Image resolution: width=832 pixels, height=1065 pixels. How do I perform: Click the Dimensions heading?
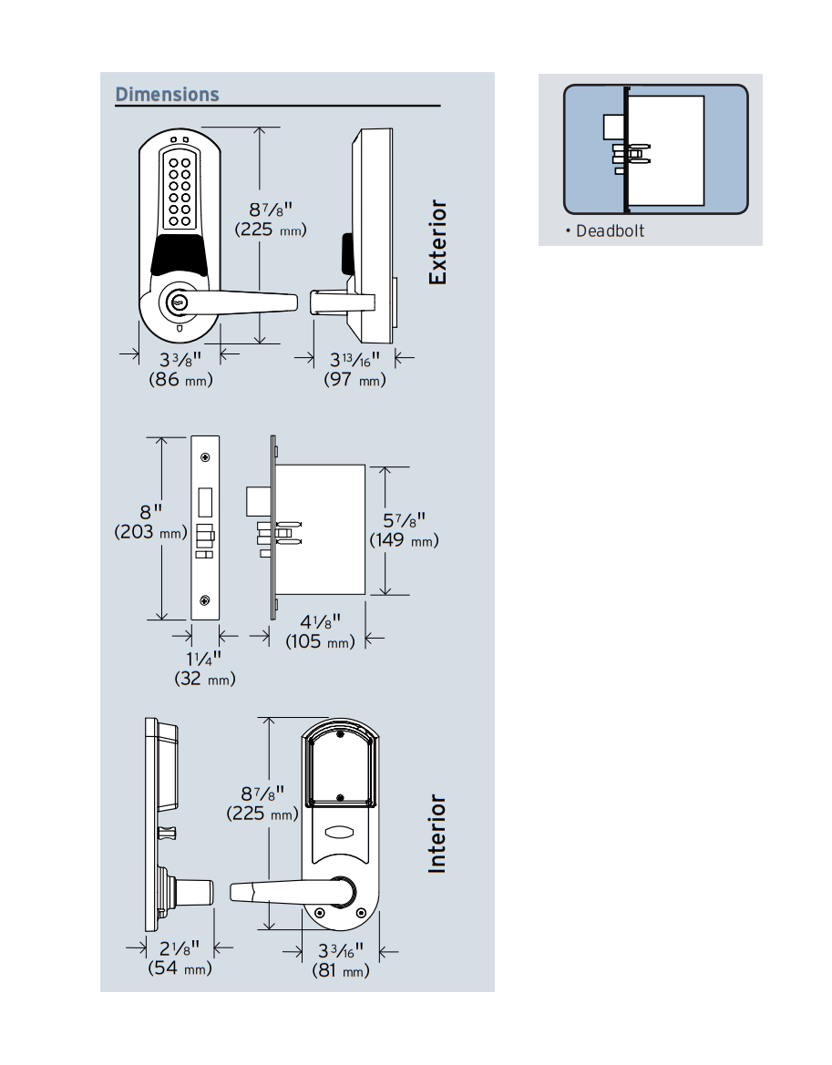[167, 95]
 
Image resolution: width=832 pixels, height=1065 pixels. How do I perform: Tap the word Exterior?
[438, 242]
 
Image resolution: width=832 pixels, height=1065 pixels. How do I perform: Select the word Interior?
[438, 834]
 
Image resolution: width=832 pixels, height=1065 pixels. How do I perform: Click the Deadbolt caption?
[609, 231]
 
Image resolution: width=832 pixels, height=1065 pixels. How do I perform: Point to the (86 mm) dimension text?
[180, 380]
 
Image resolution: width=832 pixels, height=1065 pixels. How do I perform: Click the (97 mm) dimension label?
[354, 380]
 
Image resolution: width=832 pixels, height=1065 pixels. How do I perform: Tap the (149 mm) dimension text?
[404, 541]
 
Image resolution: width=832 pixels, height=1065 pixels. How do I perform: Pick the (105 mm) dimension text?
[319, 642]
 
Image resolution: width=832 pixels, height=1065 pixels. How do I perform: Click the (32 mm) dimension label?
[204, 679]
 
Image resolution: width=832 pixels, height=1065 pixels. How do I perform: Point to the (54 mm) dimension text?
[180, 968]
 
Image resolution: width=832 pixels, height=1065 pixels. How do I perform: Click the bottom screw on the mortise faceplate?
[206, 599]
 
